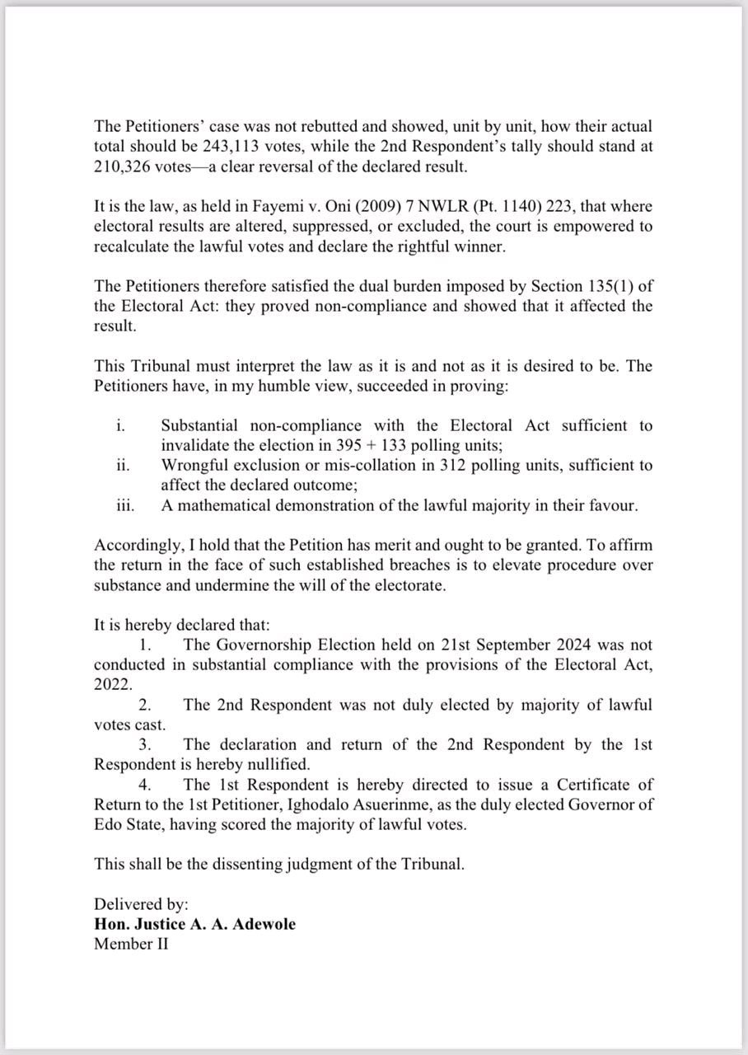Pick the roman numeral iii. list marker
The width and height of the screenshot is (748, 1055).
coord(124,505)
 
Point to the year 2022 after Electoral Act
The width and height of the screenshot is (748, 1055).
coord(112,684)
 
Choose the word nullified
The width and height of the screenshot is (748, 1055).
coord(269,764)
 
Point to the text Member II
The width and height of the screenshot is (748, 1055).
coord(131,944)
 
